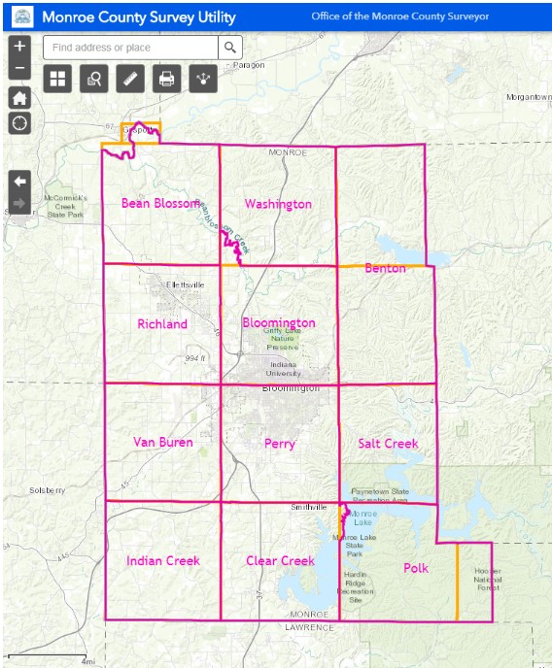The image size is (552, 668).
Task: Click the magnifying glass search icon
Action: (x=230, y=48)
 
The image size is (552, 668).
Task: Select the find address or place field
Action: (x=130, y=48)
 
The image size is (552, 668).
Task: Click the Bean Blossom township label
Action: (x=160, y=203)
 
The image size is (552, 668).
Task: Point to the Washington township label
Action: (x=278, y=204)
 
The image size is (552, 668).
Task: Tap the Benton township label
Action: (x=385, y=268)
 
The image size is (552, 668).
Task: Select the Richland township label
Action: (x=162, y=324)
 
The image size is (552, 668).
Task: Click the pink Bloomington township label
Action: (x=279, y=322)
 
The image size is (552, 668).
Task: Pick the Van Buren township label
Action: (x=162, y=443)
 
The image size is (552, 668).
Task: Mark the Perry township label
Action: (x=279, y=444)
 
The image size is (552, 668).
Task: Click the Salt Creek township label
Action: (x=388, y=444)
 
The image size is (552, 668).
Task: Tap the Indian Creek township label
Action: (x=162, y=561)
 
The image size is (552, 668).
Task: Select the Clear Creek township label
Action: (x=280, y=561)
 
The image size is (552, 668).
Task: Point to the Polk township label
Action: (x=415, y=568)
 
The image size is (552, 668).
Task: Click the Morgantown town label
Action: (x=528, y=97)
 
